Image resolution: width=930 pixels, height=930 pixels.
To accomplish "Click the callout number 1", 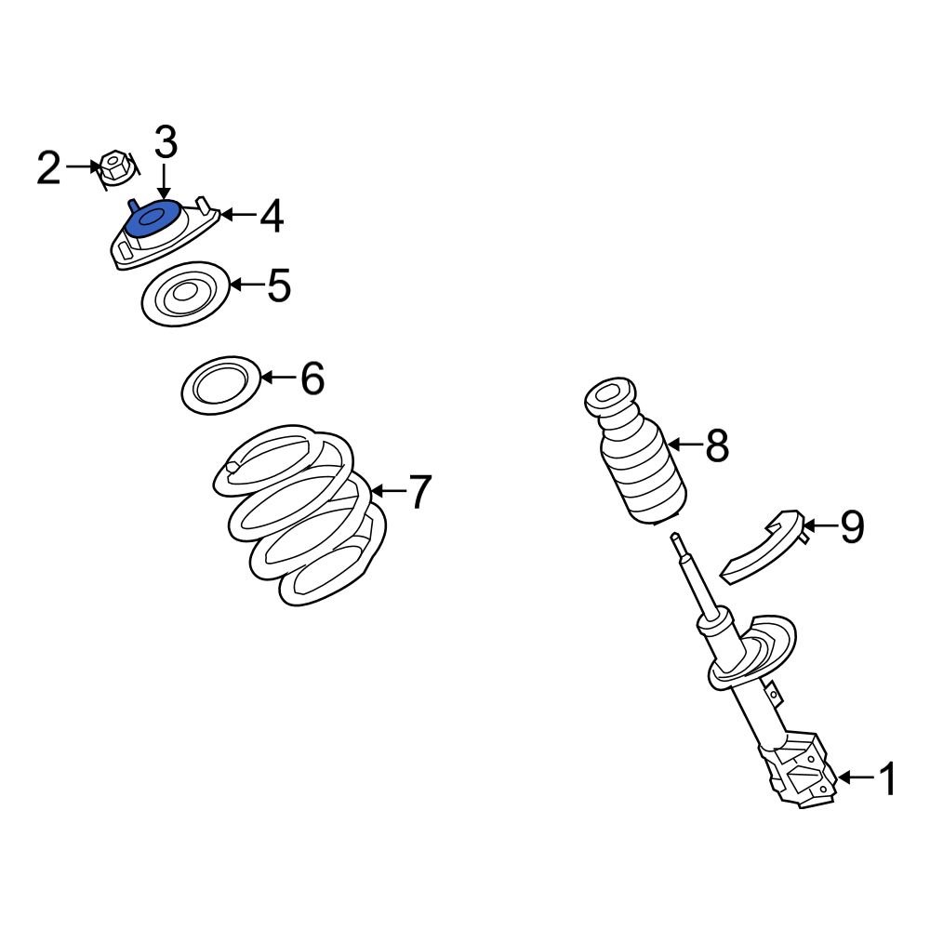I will (888, 779).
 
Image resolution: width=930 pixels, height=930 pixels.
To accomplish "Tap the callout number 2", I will (48, 168).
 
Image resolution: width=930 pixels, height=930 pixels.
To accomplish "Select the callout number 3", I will (165, 144).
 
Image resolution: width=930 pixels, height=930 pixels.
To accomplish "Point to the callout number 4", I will (271, 217).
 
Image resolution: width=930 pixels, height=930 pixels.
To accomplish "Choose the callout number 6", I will (312, 379).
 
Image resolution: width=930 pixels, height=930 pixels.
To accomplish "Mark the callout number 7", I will (419, 492).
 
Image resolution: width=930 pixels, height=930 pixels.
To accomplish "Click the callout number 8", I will (716, 446).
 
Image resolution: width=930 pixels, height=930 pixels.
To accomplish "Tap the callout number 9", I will (851, 528).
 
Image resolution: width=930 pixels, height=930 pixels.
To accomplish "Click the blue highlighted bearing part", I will (153, 220).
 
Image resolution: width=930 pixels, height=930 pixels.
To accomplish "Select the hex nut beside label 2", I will (113, 168).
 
